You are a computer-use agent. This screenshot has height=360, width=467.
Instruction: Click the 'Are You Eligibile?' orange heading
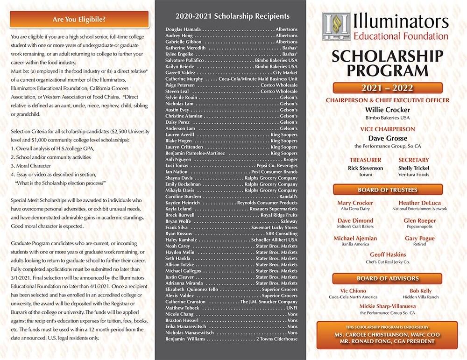click(x=79, y=20)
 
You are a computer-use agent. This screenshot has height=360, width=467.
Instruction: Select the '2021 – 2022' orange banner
click(x=387, y=88)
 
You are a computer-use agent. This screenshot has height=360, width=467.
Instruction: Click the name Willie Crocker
click(x=387, y=110)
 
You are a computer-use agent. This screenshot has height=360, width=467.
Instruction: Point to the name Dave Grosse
click(x=387, y=138)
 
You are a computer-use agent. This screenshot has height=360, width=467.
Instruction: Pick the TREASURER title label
click(x=366, y=160)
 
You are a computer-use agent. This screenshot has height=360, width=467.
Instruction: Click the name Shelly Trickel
click(x=413, y=168)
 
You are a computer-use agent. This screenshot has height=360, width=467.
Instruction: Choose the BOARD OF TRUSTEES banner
click(x=387, y=190)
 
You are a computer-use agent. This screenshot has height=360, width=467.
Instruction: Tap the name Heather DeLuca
click(x=419, y=203)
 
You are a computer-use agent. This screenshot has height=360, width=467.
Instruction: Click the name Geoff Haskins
click(x=388, y=255)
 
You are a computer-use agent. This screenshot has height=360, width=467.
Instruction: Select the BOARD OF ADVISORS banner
click(x=387, y=278)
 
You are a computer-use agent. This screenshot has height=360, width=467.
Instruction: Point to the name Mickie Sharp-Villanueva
click(x=388, y=306)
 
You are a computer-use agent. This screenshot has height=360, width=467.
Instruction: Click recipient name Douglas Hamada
click(x=184, y=29)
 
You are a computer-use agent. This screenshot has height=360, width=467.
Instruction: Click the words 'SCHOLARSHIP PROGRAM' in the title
click(x=387, y=63)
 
